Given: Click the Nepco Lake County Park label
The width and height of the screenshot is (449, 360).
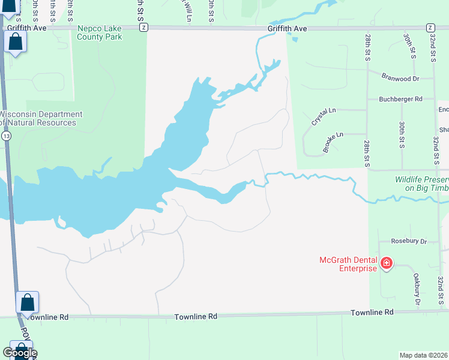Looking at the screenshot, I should point(100,32).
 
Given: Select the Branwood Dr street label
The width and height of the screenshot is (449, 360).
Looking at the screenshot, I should point(399,78).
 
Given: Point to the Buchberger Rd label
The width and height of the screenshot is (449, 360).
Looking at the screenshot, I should point(400,99).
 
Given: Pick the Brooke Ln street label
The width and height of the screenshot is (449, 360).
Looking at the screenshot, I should point(334,143).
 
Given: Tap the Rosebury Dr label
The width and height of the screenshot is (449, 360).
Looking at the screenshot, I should point(408,241).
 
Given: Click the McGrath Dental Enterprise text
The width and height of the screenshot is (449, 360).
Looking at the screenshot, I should point(348,264).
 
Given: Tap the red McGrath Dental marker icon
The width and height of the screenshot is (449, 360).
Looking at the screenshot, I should point(386,263).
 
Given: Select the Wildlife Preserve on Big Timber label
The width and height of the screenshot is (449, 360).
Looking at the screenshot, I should point(421,184).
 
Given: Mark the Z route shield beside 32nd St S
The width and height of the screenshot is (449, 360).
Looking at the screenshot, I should point(430,28).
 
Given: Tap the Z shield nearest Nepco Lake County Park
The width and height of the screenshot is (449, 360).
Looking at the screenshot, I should point(142,28).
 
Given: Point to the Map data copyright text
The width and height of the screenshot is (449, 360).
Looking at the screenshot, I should point(424,355).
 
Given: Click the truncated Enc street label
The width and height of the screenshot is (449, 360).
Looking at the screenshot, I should point(444,109).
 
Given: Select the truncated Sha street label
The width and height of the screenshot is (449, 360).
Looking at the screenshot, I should point(444,130).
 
